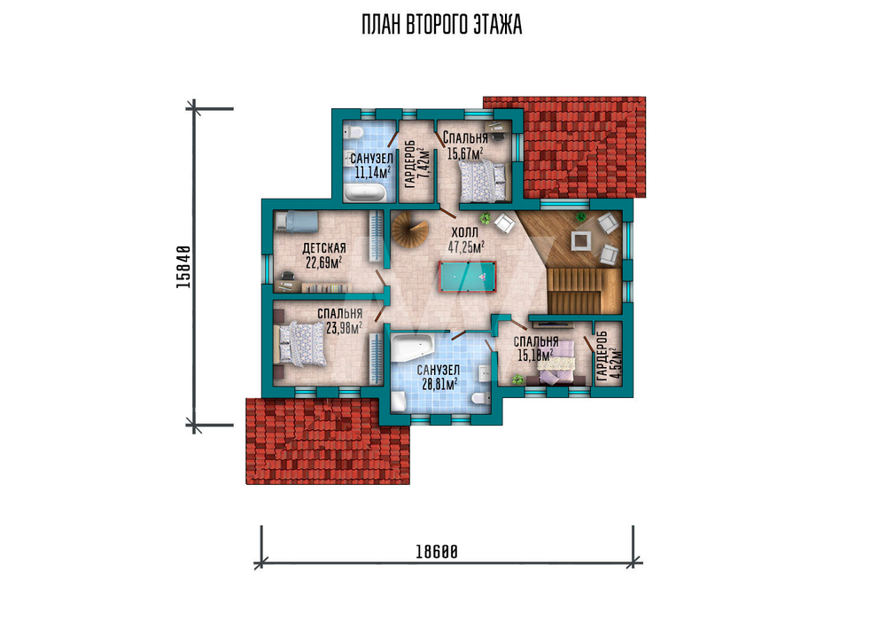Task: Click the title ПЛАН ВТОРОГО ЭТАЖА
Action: (x=442, y=25)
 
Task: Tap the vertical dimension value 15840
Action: (x=183, y=267)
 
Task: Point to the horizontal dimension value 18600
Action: (x=437, y=552)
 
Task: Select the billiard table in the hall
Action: (x=467, y=277)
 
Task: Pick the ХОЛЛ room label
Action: (x=465, y=232)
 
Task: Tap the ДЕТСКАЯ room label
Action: (x=323, y=248)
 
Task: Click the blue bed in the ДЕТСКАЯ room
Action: (x=297, y=221)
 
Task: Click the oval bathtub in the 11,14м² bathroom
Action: (x=365, y=194)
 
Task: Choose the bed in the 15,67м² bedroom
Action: (x=483, y=180)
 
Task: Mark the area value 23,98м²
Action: (x=344, y=328)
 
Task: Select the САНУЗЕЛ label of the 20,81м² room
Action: (x=439, y=371)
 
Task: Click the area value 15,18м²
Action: (x=535, y=355)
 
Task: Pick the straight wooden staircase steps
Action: (x=580, y=291)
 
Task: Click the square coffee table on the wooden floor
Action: (x=581, y=240)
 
